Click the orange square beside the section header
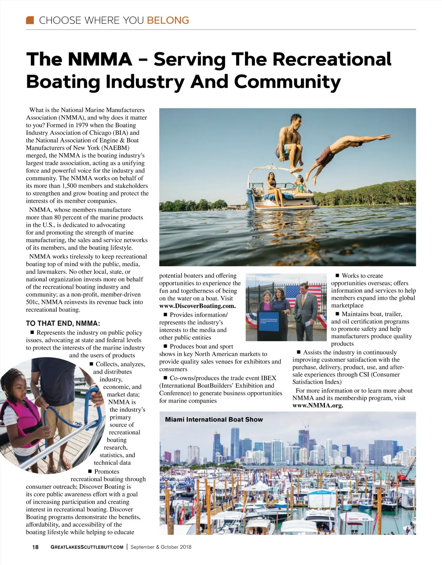pos(30,20)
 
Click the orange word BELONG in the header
pos(168,20)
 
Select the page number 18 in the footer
pos(35,547)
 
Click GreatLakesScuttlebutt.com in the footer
pos(87,547)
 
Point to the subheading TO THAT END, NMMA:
pos(63,324)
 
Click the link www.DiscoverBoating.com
pos(197,306)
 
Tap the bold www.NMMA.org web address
pos(318,406)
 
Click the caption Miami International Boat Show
pos(214,420)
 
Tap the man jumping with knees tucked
pos(291,144)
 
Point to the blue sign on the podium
pos(273,321)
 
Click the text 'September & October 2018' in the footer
pos(161,547)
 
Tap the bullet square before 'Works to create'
pos(337,276)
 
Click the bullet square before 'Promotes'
pos(90,472)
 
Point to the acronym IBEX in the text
pos(269,378)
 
